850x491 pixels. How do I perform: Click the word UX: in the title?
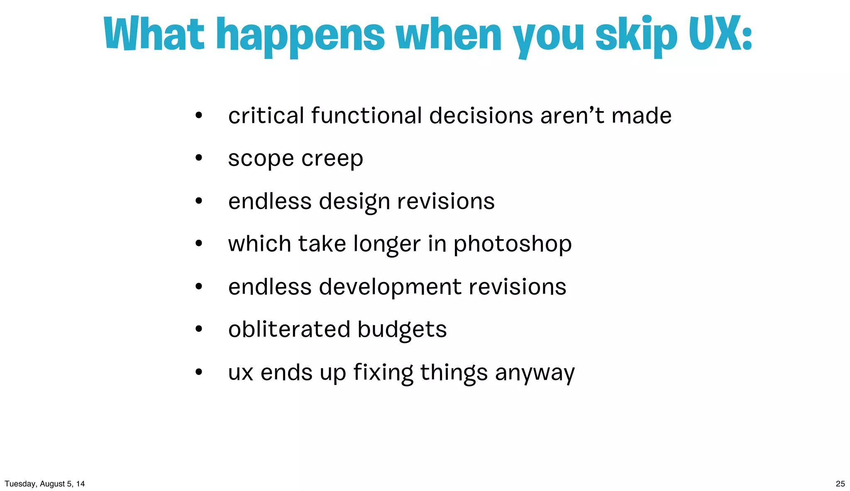pyautogui.click(x=720, y=34)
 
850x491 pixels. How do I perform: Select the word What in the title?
pyautogui.click(x=154, y=34)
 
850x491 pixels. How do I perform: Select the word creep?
pyautogui.click(x=332, y=159)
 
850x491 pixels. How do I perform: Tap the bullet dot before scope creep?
pyautogui.click(x=199, y=158)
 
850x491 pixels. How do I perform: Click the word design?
pyautogui.click(x=354, y=202)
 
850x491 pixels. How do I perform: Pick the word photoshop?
pyautogui.click(x=512, y=245)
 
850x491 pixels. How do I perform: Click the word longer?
pyautogui.click(x=387, y=245)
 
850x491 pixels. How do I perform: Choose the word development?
pyautogui.click(x=390, y=287)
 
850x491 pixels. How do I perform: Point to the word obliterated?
pyautogui.click(x=289, y=330)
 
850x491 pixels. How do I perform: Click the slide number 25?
pyautogui.click(x=840, y=484)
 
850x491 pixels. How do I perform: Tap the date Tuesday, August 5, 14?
pyautogui.click(x=45, y=484)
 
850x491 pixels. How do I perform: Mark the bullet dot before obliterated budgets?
pyautogui.click(x=199, y=329)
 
